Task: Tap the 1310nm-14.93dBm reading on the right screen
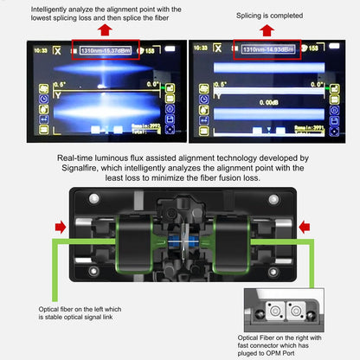(x=268, y=50)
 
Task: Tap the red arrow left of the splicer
(x=60, y=228)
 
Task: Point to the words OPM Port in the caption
(x=301, y=354)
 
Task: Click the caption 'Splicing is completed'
(x=270, y=16)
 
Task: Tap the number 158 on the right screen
(x=321, y=51)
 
